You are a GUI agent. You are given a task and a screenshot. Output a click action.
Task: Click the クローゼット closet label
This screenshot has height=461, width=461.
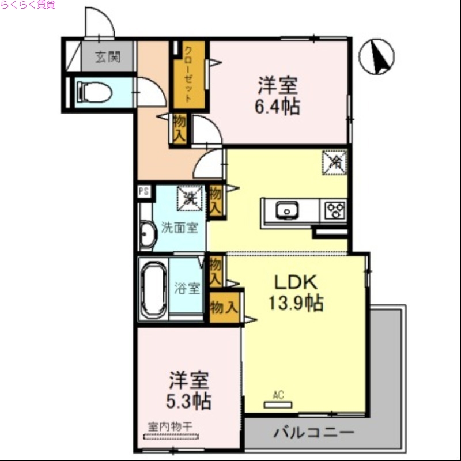188,75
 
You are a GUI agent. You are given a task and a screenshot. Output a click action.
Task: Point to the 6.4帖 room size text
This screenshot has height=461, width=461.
278,107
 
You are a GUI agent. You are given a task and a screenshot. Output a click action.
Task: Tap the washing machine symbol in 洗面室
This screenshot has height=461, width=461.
189,199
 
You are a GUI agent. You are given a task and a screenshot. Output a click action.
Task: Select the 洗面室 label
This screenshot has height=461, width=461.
179,227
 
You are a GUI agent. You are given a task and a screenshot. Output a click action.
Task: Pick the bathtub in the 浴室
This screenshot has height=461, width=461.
154,288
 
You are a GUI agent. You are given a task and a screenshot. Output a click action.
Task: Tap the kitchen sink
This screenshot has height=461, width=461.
286,210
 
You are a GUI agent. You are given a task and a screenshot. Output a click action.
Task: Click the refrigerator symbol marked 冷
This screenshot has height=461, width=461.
334,162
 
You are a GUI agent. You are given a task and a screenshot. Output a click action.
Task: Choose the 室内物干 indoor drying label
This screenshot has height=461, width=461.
169,426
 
